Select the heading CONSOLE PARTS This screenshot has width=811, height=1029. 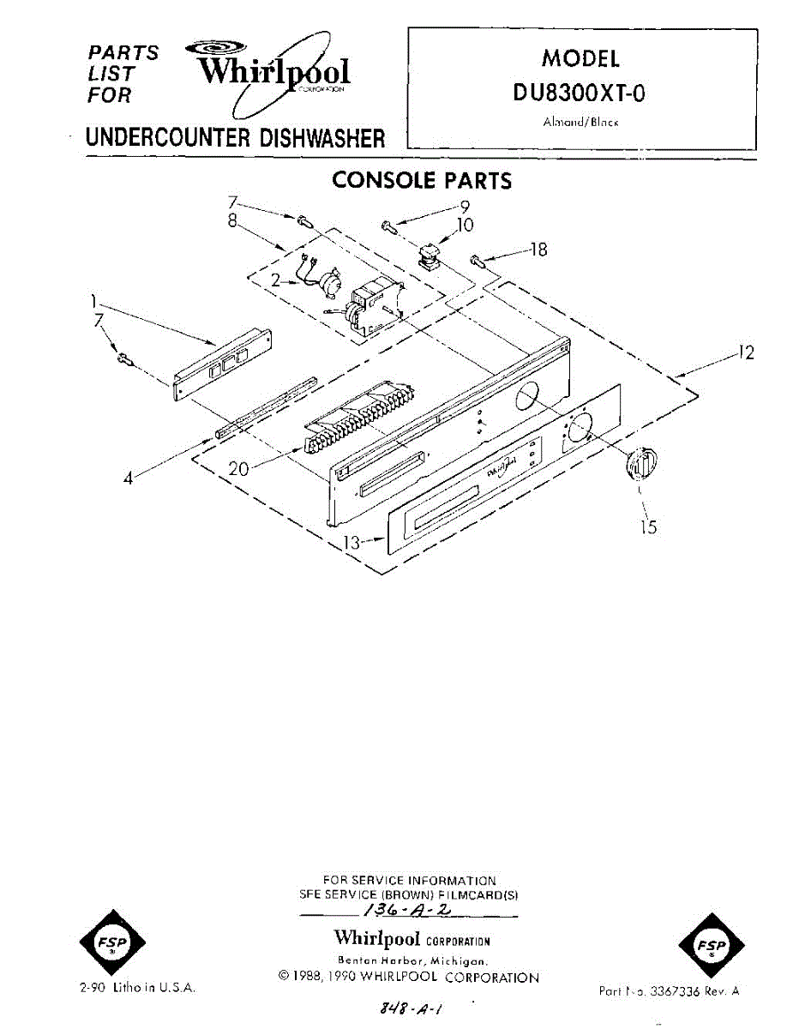(x=421, y=181)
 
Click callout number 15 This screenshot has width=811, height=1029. (x=649, y=527)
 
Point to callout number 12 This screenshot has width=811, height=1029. (x=747, y=352)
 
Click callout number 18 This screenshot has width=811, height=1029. (x=538, y=250)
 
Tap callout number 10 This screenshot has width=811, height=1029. (x=464, y=226)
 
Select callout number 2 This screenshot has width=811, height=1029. (x=276, y=280)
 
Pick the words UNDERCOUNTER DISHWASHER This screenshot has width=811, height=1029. (x=235, y=137)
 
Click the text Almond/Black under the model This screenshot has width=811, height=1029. (x=580, y=122)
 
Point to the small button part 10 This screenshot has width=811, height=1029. (x=427, y=255)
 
